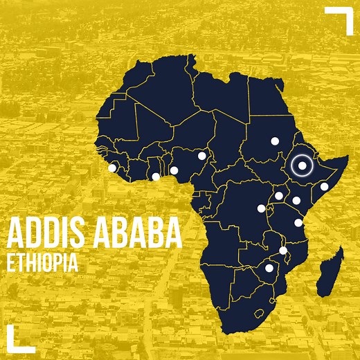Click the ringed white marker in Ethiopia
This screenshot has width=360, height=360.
[x=302, y=165]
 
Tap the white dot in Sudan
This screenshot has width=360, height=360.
[x=274, y=141]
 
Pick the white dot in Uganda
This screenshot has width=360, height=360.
[x=278, y=196]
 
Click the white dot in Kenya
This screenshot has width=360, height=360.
[x=296, y=201]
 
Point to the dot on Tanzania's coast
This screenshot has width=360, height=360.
[x=298, y=222]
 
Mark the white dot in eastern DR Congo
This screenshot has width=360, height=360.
[x=261, y=208]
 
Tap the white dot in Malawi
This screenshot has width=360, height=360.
[x=282, y=250]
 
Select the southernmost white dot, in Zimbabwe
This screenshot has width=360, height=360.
[x=269, y=268]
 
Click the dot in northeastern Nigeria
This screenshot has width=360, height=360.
[x=201, y=156]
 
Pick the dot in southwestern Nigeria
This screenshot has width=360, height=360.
[x=174, y=170]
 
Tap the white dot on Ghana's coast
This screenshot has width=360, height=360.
[x=156, y=177]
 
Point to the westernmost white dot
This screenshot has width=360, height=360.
[x=112, y=168]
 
